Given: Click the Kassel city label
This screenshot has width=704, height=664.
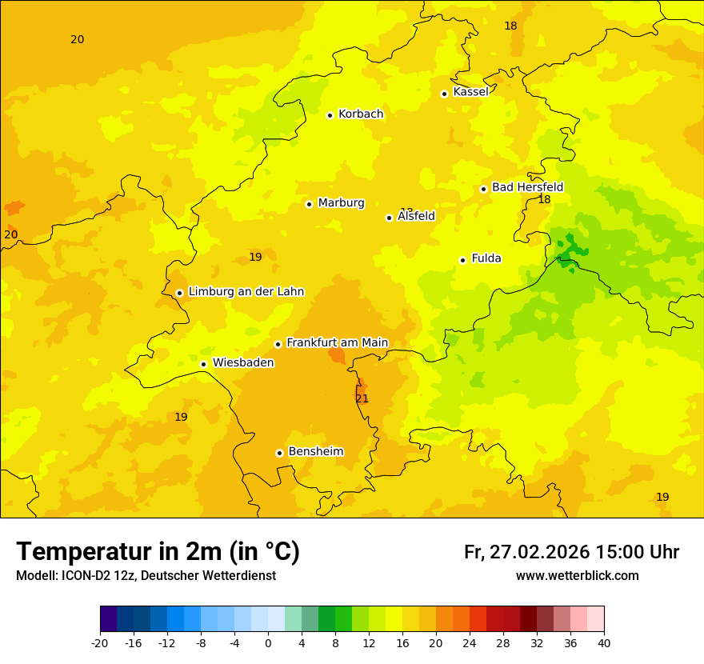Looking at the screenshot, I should pos(470,92).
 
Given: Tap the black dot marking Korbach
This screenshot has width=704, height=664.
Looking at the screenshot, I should pos(330,115).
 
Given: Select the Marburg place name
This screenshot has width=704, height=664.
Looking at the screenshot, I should pos(341,203).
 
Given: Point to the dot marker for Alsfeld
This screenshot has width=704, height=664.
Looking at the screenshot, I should pos(390,218).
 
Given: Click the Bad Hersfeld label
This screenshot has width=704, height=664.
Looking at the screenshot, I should pos(527,187).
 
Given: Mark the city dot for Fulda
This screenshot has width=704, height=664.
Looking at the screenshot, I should pos(462,260).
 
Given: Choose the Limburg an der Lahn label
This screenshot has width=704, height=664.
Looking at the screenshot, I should pos(246,292).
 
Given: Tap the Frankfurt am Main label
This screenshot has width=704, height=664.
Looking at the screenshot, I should pos(337,343).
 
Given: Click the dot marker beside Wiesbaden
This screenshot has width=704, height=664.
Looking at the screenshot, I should pos(204,364).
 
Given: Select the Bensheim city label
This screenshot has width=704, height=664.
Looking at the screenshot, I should pos(315,452).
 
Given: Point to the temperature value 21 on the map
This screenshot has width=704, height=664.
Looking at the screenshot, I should pos(362,398).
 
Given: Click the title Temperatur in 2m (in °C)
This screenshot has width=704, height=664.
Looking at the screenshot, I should pos(158,552).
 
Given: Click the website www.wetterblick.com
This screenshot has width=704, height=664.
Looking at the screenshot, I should pos(577,576).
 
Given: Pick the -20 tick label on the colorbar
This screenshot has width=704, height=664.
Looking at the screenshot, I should pos(100,642).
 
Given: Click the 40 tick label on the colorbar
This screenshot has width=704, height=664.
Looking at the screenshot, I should pos(604,642).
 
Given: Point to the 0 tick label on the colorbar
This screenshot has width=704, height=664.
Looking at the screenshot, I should pos(268,642).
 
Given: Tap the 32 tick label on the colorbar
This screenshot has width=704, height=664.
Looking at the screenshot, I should pos(537,642).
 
